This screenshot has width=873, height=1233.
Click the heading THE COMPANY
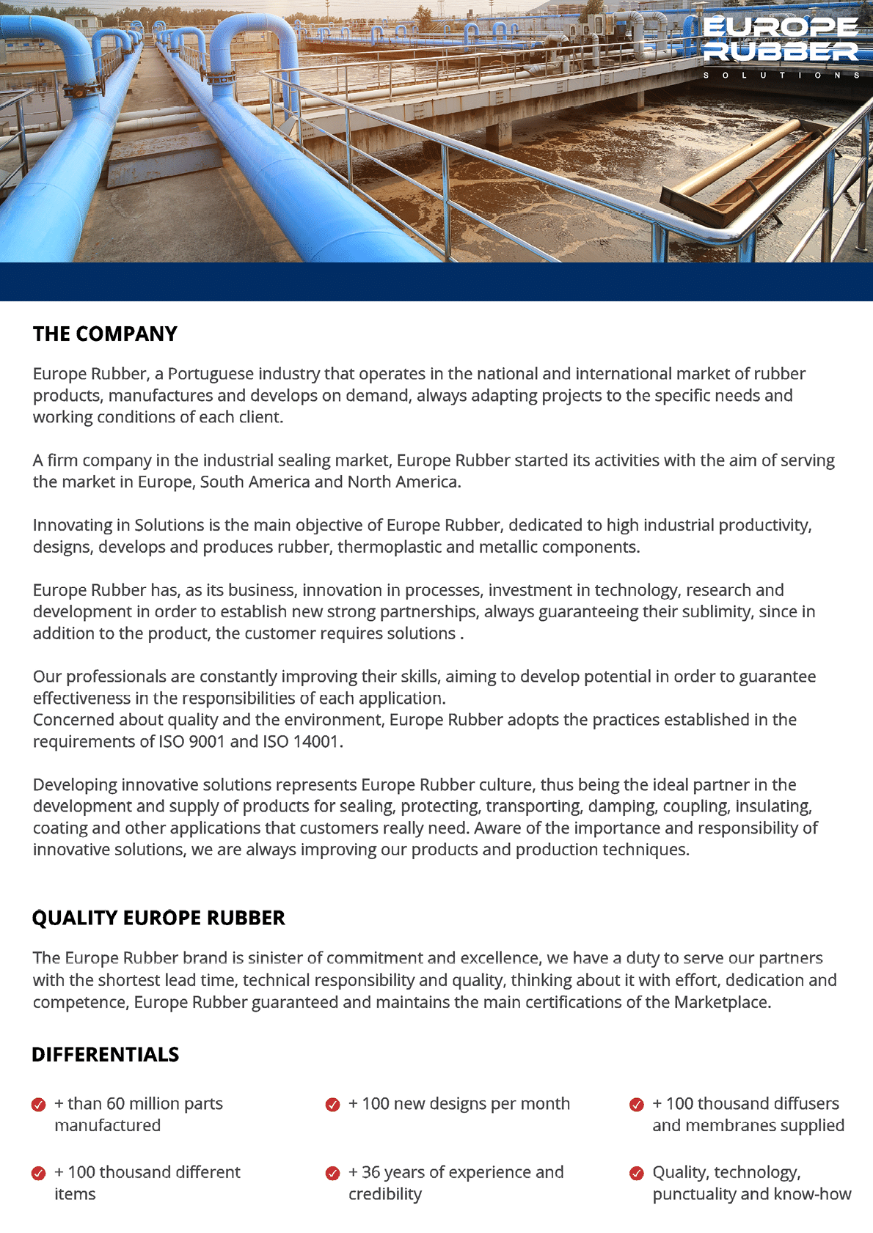coord(105,334)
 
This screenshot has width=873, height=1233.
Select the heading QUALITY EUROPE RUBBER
coord(158,919)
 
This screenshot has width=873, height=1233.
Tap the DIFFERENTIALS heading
coord(105,1055)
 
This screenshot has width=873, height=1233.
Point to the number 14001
coord(316,742)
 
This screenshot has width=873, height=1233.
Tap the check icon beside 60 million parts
coord(39,1105)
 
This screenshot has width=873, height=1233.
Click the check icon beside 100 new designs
coord(332,1105)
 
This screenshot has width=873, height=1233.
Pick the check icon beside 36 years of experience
coord(332,1174)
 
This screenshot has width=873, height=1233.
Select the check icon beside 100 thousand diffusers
coord(637,1105)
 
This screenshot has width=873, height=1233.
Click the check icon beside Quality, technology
coord(637,1174)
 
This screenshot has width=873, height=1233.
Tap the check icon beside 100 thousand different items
coord(39,1174)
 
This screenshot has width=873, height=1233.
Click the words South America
coord(255,482)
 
